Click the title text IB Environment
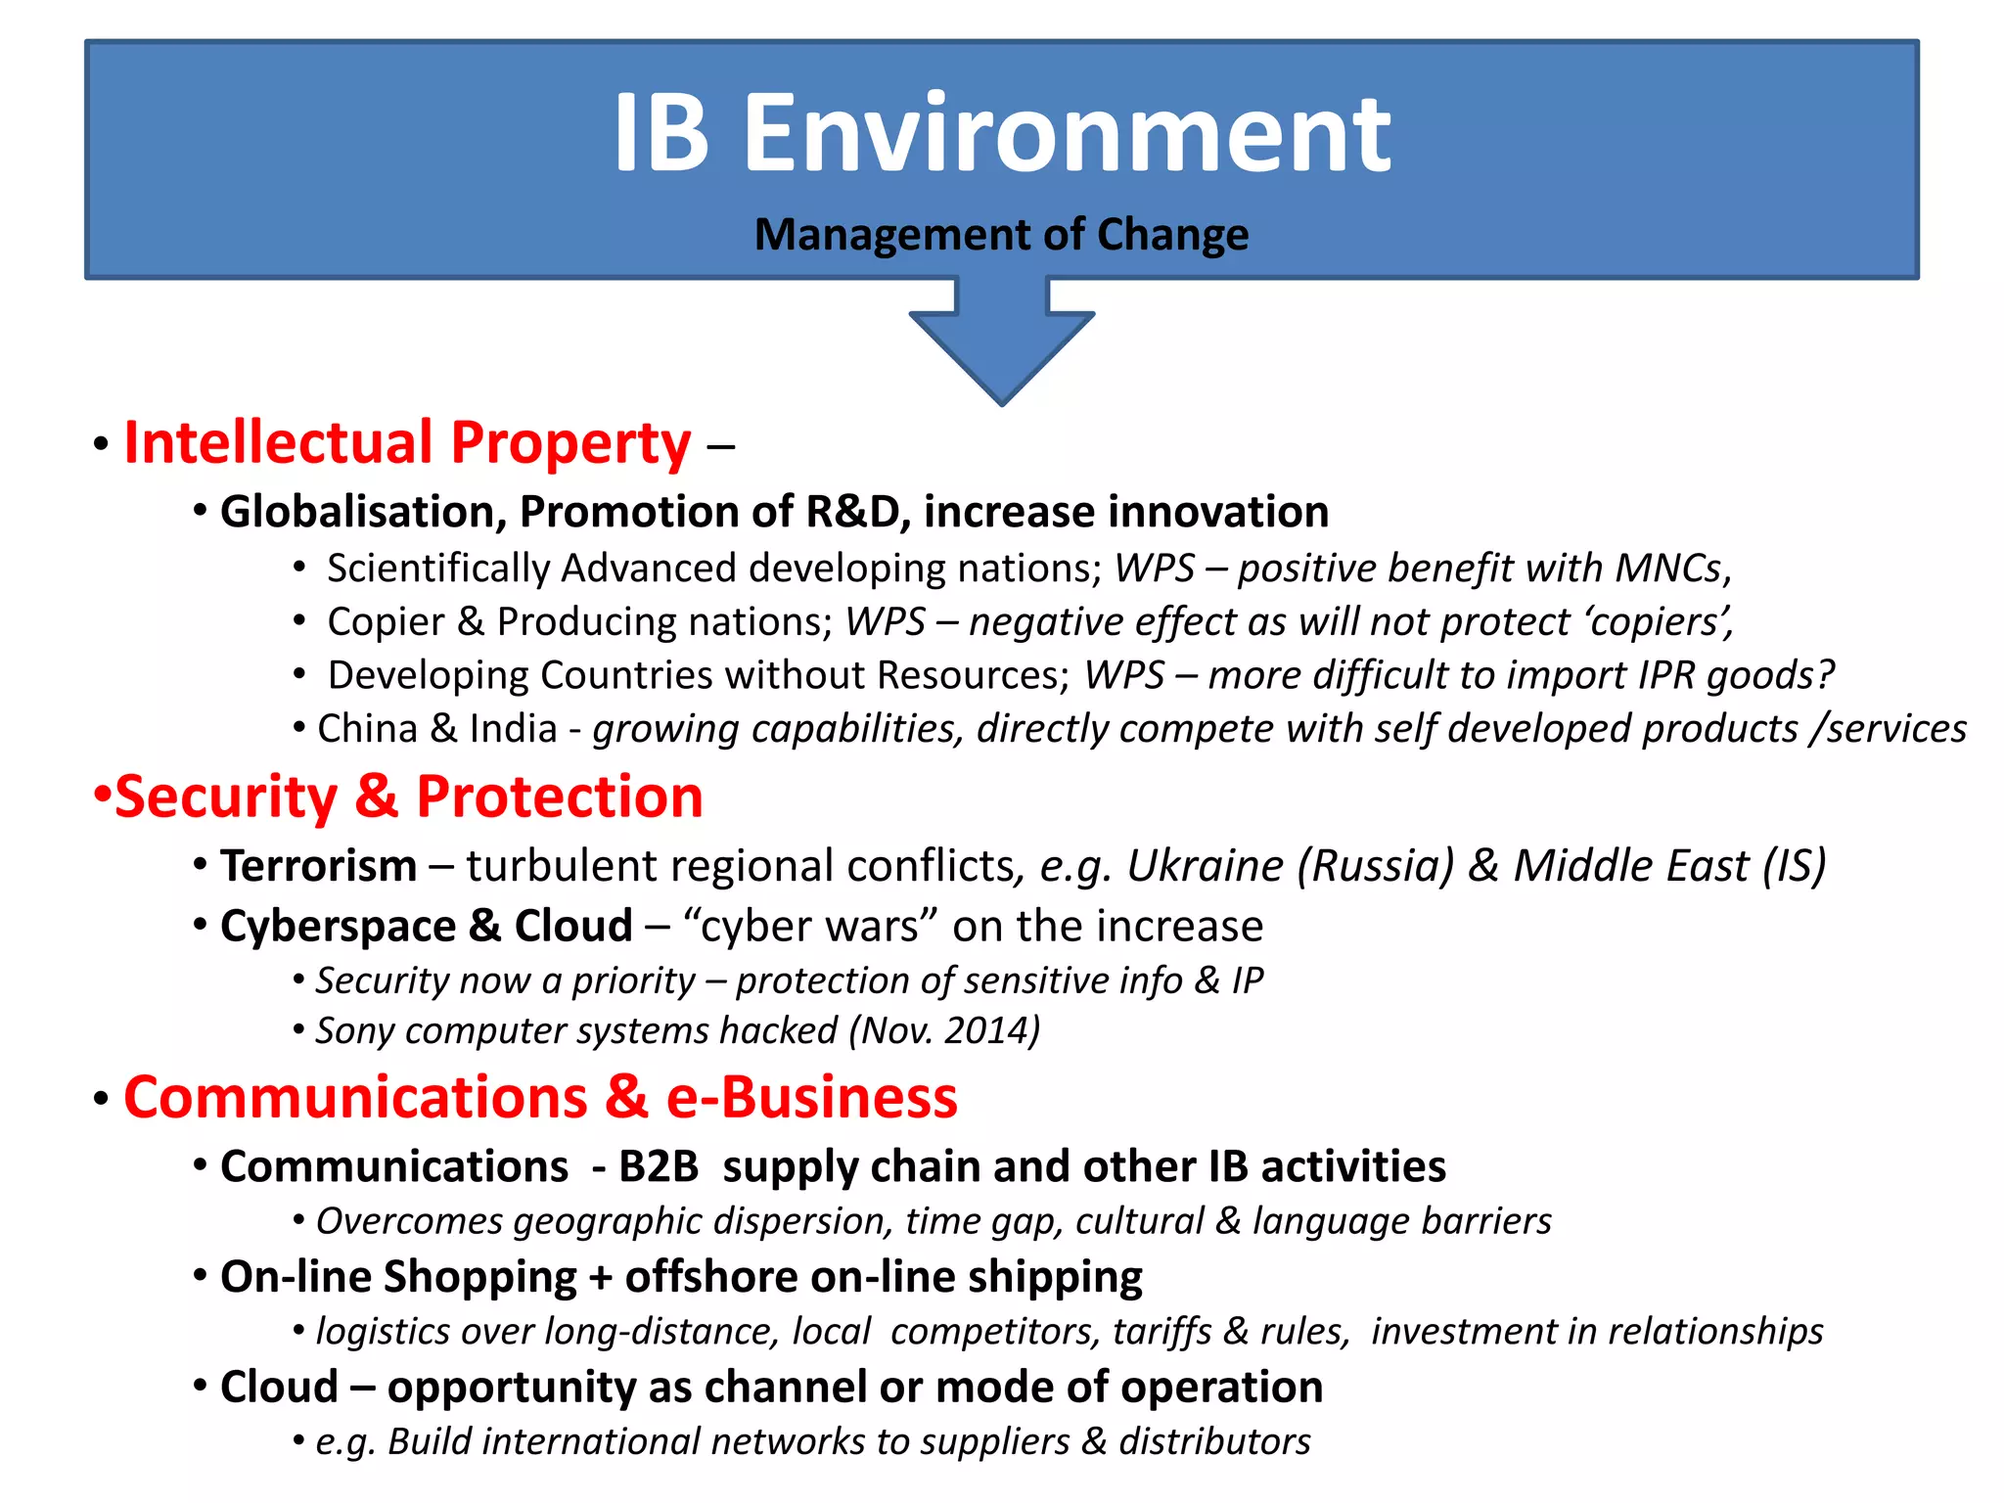click(1001, 134)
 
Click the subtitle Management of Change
click(1001, 235)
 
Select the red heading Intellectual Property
click(407, 443)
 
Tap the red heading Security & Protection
click(409, 797)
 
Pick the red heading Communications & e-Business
click(540, 1097)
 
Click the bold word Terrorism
click(318, 866)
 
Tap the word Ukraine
click(1205, 866)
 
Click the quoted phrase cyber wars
click(811, 926)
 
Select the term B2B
click(659, 1166)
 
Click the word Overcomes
click(409, 1221)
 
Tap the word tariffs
click(1161, 1332)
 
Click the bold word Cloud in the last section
click(279, 1388)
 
